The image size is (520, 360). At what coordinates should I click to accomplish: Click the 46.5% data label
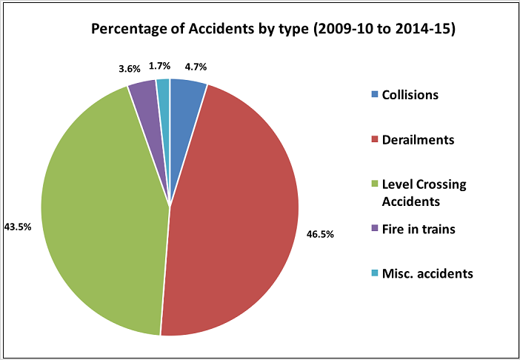[x=320, y=234]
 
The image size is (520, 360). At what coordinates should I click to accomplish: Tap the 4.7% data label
[x=194, y=67]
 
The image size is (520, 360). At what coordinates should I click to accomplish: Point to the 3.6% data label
[x=130, y=69]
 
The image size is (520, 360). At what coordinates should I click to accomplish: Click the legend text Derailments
[x=418, y=139]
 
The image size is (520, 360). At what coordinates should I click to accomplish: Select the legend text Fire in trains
[x=418, y=230]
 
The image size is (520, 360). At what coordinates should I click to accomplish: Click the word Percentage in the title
[x=127, y=30]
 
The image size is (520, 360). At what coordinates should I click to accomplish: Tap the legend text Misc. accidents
[x=427, y=274]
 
